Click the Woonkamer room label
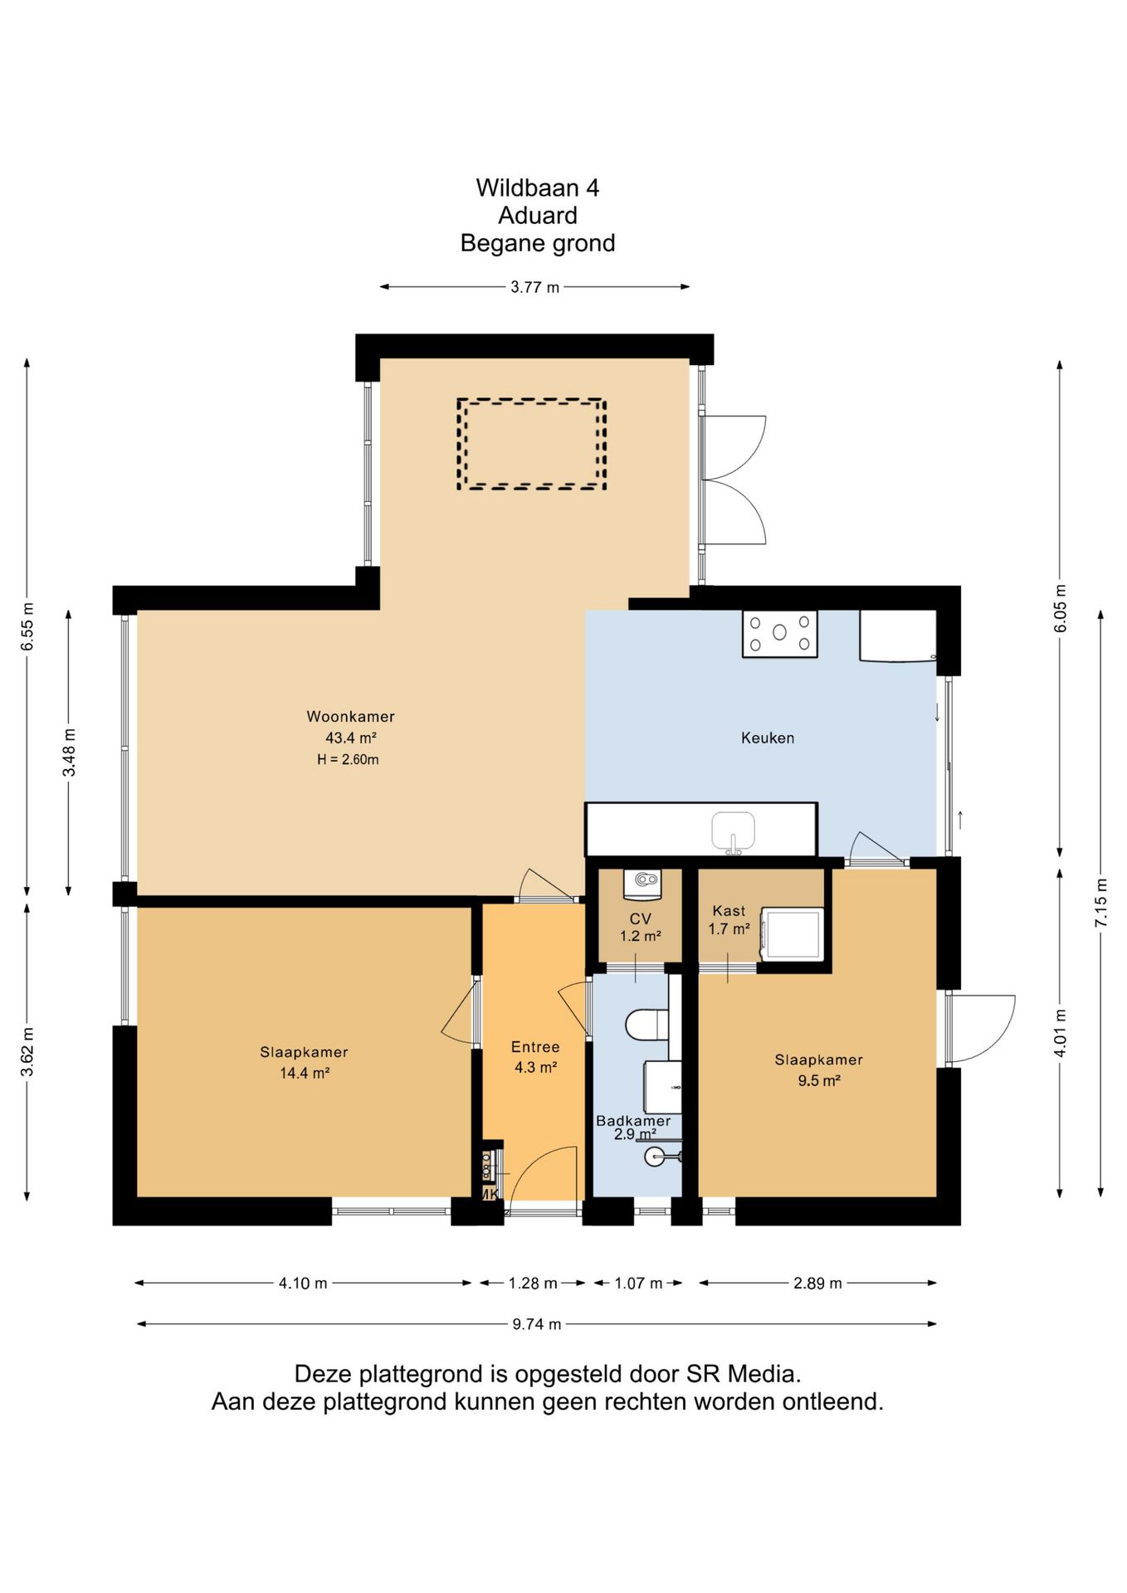pyautogui.click(x=350, y=717)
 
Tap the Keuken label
pyautogui.click(x=768, y=738)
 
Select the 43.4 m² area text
pyautogui.click(x=350, y=738)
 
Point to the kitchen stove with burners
pyautogui.click(x=779, y=633)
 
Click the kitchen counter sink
pyautogui.click(x=734, y=832)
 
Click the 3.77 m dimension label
pyautogui.click(x=535, y=287)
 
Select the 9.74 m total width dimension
pyautogui.click(x=536, y=1324)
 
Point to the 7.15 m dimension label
pyautogui.click(x=1101, y=902)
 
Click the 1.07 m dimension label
pyautogui.click(x=638, y=1284)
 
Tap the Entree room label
pyautogui.click(x=535, y=1047)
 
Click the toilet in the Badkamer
pyautogui.click(x=647, y=1025)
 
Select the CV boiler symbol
pyautogui.click(x=644, y=884)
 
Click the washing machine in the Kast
pyautogui.click(x=792, y=934)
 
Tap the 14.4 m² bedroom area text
pyautogui.click(x=305, y=1073)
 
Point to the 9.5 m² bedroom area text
pyautogui.click(x=819, y=1080)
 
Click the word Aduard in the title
pyautogui.click(x=538, y=216)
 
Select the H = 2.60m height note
pyautogui.click(x=348, y=759)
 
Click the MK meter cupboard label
pyautogui.click(x=490, y=1195)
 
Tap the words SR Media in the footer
pyautogui.click(x=744, y=1374)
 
